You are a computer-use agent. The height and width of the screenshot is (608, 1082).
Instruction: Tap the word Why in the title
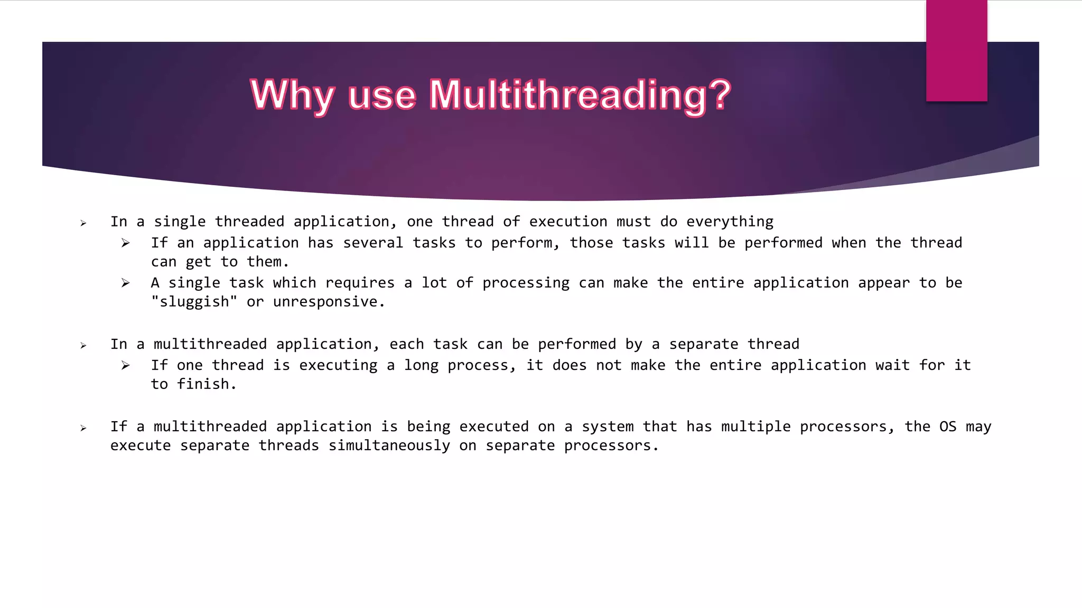[x=292, y=96]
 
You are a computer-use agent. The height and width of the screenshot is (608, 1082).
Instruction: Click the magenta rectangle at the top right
[x=956, y=50]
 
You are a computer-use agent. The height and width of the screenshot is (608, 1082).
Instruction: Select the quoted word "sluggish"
[x=194, y=302]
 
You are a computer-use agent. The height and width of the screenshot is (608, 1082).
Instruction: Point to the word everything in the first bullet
[x=730, y=222]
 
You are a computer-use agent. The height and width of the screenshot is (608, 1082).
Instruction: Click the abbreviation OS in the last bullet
[x=948, y=426]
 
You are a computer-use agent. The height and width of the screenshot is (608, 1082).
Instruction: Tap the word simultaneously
[x=389, y=445]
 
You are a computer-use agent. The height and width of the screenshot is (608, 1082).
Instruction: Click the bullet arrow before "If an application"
[x=125, y=243]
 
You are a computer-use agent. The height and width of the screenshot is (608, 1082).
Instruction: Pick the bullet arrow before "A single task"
[x=125, y=283]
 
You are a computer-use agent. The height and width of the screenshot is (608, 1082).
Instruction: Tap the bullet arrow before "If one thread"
[x=125, y=365]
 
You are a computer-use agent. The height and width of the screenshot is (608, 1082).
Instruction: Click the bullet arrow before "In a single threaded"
[x=83, y=223]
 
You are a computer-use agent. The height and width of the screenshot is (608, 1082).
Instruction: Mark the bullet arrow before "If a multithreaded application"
[x=83, y=428]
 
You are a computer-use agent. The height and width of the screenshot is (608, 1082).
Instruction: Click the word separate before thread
[x=703, y=344]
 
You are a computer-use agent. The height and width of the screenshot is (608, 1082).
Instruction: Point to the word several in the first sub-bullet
[x=372, y=243]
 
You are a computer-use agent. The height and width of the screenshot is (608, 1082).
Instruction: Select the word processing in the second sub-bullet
[x=526, y=283]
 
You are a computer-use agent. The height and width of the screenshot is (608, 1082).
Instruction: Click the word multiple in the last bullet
[x=755, y=426]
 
